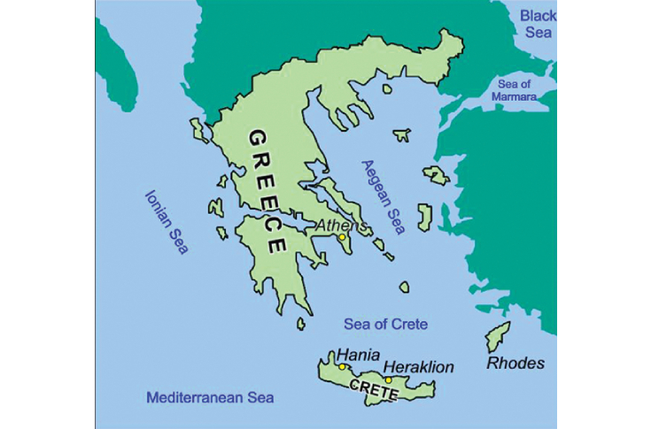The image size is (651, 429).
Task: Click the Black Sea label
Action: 538,24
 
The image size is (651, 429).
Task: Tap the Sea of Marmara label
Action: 523,89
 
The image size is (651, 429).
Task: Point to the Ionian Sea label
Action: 167,221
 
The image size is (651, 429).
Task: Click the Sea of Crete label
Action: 385,325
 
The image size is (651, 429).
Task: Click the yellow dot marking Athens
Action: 342,237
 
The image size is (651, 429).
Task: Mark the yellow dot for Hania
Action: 342,366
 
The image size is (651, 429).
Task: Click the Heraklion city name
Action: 418,366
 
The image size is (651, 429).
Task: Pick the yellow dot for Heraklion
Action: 388,380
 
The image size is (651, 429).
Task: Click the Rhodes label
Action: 516,364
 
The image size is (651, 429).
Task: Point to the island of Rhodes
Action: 498,337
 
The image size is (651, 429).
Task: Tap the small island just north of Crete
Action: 404,287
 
